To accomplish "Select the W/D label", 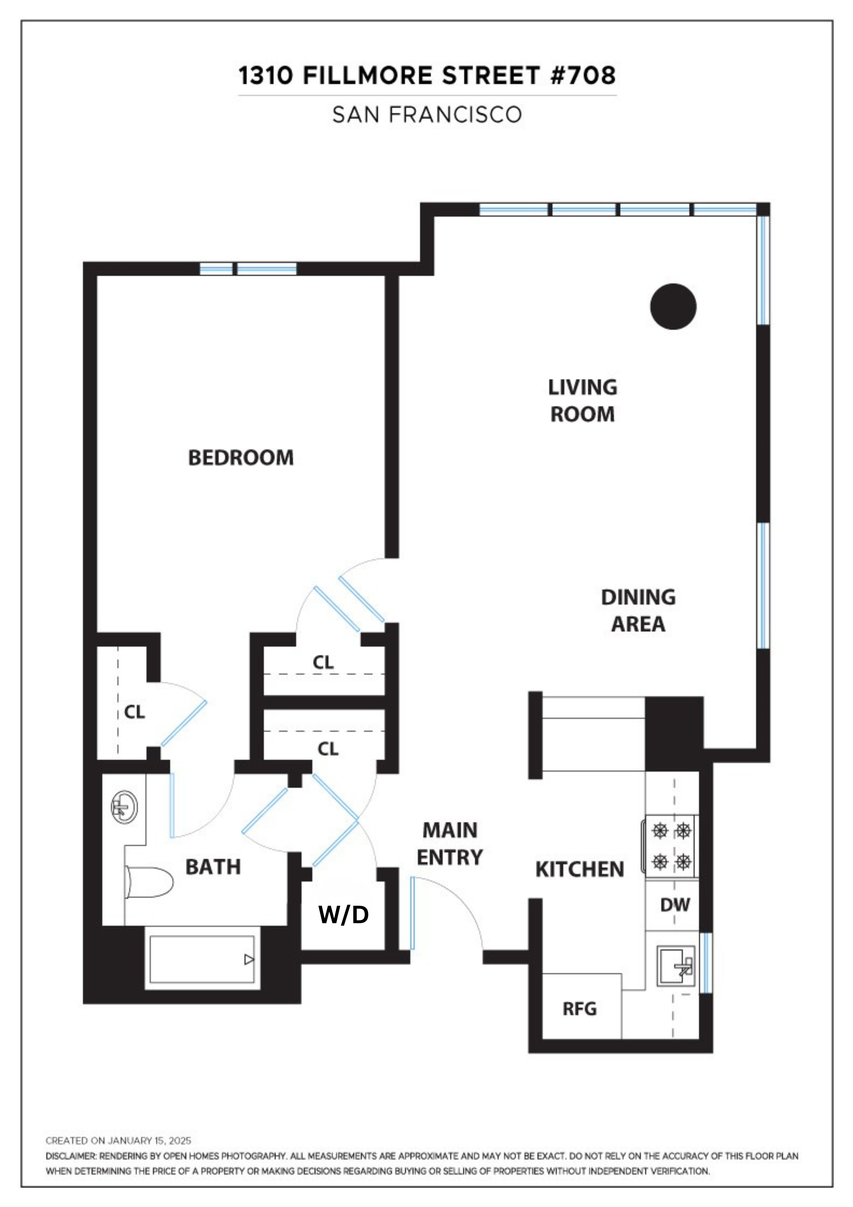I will (344, 915).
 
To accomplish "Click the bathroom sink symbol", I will (124, 807).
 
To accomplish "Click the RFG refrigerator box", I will (580, 1009).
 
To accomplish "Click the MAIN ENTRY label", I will (450, 844).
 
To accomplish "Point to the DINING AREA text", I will (638, 610).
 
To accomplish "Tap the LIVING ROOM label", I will (582, 401).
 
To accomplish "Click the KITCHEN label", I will (579, 869).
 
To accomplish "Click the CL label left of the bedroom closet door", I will (134, 712).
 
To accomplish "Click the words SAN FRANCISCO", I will (427, 114).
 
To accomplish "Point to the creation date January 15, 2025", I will (150, 1141).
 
